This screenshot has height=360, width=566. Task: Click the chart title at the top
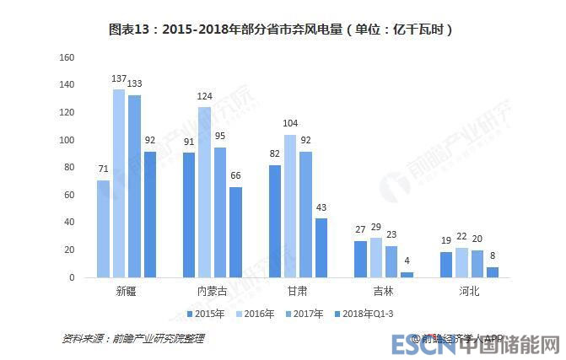(x=283, y=29)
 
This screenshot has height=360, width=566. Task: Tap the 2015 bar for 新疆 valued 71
(x=103, y=228)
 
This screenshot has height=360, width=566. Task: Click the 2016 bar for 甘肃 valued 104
(x=290, y=206)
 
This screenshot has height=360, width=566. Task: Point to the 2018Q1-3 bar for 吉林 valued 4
(x=407, y=274)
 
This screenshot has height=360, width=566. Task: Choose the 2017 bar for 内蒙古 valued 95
(x=220, y=212)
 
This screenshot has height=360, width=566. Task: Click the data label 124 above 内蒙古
(x=204, y=97)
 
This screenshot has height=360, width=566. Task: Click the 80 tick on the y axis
(x=72, y=168)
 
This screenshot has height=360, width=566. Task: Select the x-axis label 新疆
(x=127, y=291)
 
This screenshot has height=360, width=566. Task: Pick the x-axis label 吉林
(x=383, y=291)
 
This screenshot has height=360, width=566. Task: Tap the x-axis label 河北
(x=469, y=291)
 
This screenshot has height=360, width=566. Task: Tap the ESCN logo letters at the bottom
(x=418, y=345)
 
